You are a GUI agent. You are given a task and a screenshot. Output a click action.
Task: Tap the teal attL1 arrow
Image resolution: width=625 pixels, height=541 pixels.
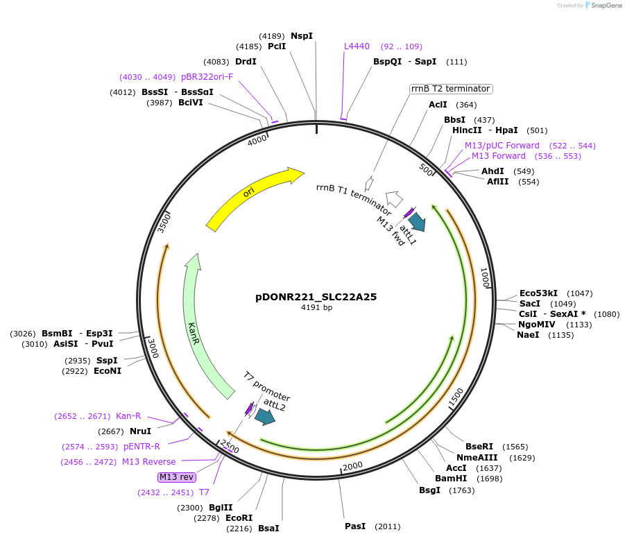click(417, 221)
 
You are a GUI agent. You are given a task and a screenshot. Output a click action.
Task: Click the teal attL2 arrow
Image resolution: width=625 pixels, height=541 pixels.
click(264, 416)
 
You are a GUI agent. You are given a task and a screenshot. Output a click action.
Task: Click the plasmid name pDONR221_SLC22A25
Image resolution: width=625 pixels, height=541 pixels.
click(316, 296)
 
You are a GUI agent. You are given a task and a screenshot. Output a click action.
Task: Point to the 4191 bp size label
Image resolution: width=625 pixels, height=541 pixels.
click(316, 307)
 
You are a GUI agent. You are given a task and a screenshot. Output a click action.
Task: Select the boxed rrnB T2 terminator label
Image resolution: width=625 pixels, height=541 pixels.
click(451, 89)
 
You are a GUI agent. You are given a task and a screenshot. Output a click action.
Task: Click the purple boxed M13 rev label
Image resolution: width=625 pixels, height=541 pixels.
click(177, 476)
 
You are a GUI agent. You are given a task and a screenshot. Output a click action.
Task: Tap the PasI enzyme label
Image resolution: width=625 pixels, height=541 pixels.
click(355, 526)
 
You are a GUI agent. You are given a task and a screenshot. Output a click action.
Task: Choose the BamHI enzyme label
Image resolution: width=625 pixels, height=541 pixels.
click(451, 478)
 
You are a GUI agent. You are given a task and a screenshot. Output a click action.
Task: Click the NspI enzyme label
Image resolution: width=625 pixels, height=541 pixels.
click(302, 35)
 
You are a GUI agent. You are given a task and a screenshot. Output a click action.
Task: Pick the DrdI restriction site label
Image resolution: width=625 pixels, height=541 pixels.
click(246, 61)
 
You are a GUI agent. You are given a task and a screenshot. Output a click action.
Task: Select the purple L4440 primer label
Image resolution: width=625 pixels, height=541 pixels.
click(357, 46)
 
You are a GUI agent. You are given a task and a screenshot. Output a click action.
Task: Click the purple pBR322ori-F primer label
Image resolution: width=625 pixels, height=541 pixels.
click(207, 77)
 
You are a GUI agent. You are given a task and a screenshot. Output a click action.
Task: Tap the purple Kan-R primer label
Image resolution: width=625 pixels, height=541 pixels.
click(128, 416)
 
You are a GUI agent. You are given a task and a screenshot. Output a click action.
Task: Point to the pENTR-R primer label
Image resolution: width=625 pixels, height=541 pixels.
click(142, 447)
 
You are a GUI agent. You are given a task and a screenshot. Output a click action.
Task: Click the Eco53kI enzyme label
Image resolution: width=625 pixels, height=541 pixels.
click(538, 293)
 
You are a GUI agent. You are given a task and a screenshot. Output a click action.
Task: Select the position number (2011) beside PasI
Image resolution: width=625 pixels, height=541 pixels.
click(387, 526)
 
